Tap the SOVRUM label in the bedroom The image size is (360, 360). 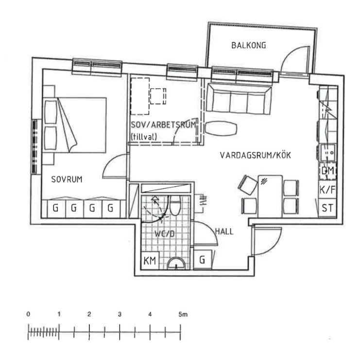[67, 179]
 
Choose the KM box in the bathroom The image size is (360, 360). [150, 261]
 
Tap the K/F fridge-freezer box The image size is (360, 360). [327, 190]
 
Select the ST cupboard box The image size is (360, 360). [327, 208]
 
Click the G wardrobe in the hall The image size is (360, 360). [202, 260]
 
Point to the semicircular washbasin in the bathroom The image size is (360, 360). [175, 264]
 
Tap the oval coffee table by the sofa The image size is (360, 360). [222, 128]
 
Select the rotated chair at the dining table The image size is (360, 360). [248, 185]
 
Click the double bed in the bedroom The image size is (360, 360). [75, 125]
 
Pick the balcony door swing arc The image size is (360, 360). [294, 58]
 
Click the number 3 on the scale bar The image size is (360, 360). [120, 315]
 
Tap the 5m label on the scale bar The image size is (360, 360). [182, 315]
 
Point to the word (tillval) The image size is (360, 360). [144, 137]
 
